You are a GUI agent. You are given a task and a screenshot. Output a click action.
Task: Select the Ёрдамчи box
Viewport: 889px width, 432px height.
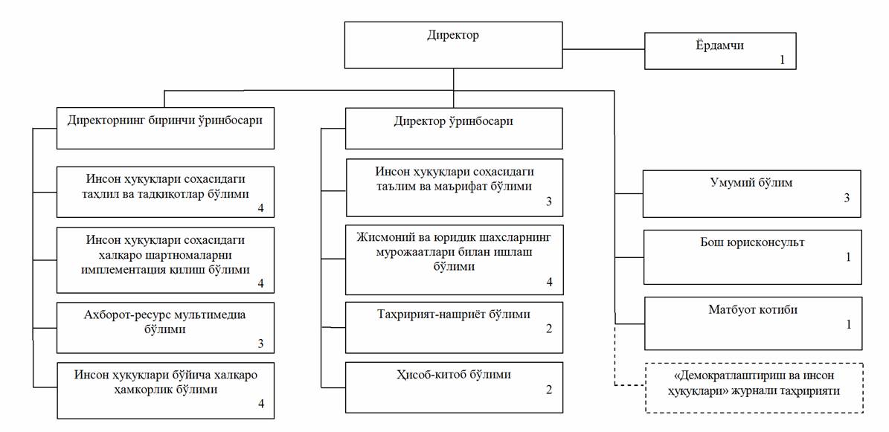[719, 51]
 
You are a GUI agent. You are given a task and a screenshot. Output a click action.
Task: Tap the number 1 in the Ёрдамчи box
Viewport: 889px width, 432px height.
[782, 59]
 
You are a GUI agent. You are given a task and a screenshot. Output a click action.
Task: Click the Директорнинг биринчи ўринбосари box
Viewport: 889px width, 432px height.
[165, 128]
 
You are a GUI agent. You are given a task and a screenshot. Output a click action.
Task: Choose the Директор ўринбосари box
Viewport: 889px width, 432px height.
[454, 128]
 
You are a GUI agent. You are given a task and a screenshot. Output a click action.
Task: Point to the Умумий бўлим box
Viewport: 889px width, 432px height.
[752, 193]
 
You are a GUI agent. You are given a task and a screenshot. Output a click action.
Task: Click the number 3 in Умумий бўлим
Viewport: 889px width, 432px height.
[847, 199]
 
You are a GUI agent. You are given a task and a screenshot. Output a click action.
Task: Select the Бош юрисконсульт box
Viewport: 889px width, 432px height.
[752, 257]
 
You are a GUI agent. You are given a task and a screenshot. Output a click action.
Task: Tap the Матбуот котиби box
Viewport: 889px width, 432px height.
[752, 323]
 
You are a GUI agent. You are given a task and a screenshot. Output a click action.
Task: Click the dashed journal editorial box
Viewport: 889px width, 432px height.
[754, 387]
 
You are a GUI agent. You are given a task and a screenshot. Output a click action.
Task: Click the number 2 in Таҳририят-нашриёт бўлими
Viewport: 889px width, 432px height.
[549, 328]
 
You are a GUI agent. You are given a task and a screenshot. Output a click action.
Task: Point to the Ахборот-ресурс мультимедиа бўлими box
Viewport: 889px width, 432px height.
[165, 327]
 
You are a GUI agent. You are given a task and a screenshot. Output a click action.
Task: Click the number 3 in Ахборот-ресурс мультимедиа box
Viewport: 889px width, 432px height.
[260, 344]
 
